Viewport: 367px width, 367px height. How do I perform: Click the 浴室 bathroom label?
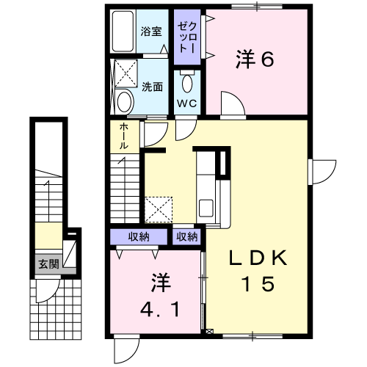151,32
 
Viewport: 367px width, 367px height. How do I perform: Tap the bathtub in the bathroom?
123,31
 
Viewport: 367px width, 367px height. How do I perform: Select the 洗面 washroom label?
153,87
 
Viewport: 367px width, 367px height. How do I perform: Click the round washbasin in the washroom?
125,101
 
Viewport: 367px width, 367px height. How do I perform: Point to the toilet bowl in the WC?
187,82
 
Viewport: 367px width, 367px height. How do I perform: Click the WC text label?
187,103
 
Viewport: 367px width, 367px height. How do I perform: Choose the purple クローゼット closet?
187,37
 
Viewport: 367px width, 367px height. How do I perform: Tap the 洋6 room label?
255,59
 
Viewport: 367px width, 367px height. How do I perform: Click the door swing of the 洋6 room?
233,103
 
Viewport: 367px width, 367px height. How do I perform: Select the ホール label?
124,136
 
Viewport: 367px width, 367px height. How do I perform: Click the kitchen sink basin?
206,208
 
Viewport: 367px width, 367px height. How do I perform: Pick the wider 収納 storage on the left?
139,237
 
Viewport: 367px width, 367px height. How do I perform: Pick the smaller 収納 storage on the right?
187,237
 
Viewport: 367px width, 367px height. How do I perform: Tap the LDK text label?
258,258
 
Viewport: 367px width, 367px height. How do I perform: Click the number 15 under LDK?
258,283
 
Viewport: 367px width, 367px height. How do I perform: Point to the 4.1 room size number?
160,309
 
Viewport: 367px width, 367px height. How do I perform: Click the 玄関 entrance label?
49,264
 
